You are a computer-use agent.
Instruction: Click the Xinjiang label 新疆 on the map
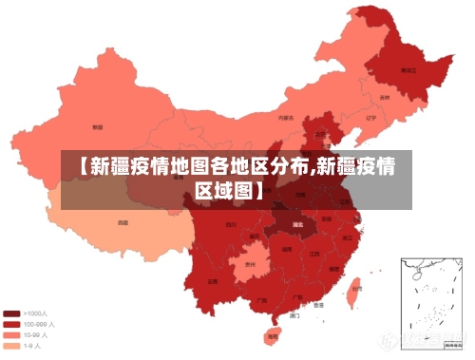pos(97,126)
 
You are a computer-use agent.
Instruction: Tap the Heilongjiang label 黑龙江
pos(408,70)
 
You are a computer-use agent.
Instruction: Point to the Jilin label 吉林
pos(385,97)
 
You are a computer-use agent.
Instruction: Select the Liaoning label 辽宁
pos(371,117)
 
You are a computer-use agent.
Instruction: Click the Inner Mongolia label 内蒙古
pos(285,118)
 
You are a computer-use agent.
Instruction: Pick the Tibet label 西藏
pos(123,222)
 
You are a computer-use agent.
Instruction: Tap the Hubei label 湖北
pos(297,225)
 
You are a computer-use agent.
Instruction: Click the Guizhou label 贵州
pos(250,264)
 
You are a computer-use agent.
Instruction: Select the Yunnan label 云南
pos(213,282)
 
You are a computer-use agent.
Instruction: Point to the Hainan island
pos(273,333)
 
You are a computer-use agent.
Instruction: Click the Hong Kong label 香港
pos(318,306)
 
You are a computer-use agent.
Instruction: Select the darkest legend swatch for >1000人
pos(12,313)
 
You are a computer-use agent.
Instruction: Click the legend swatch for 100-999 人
pos(12,324)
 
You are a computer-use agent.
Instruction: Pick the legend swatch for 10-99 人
pos(12,334)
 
